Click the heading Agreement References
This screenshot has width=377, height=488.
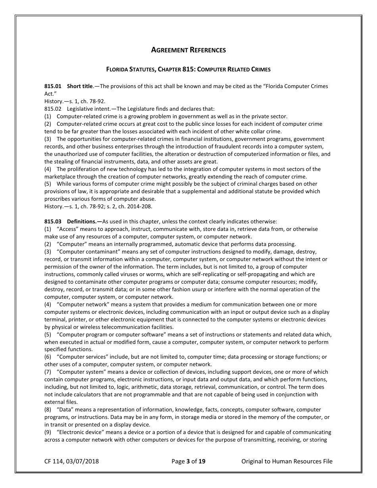coord(188,50)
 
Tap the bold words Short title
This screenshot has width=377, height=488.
coord(80,86)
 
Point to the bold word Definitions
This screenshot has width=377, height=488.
coord(85,221)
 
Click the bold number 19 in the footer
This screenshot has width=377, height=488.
coord(202,461)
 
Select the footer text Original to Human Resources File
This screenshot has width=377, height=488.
coord(287,461)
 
